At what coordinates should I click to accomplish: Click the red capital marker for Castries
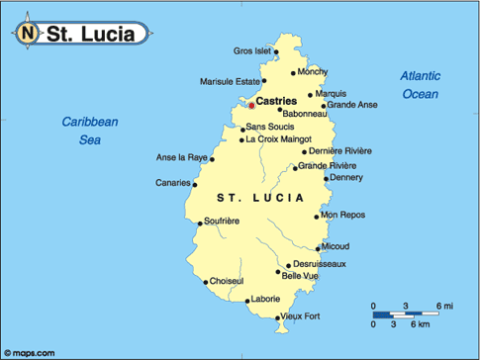tap(251, 104)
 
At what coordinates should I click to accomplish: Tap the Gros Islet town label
tap(251, 50)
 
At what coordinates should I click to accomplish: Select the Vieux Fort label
tap(301, 316)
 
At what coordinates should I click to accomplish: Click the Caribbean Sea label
tap(89, 131)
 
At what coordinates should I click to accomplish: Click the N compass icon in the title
tap(28, 34)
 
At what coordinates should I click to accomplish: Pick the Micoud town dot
tap(317, 246)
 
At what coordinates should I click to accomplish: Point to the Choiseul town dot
tap(206, 282)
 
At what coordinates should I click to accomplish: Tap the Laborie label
tap(265, 298)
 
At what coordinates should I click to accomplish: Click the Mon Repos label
tap(343, 215)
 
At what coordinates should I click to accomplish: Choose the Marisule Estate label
tap(230, 81)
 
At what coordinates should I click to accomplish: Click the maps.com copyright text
tap(31, 352)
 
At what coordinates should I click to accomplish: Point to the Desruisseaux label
tap(319, 264)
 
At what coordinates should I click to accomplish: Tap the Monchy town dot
tap(293, 72)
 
